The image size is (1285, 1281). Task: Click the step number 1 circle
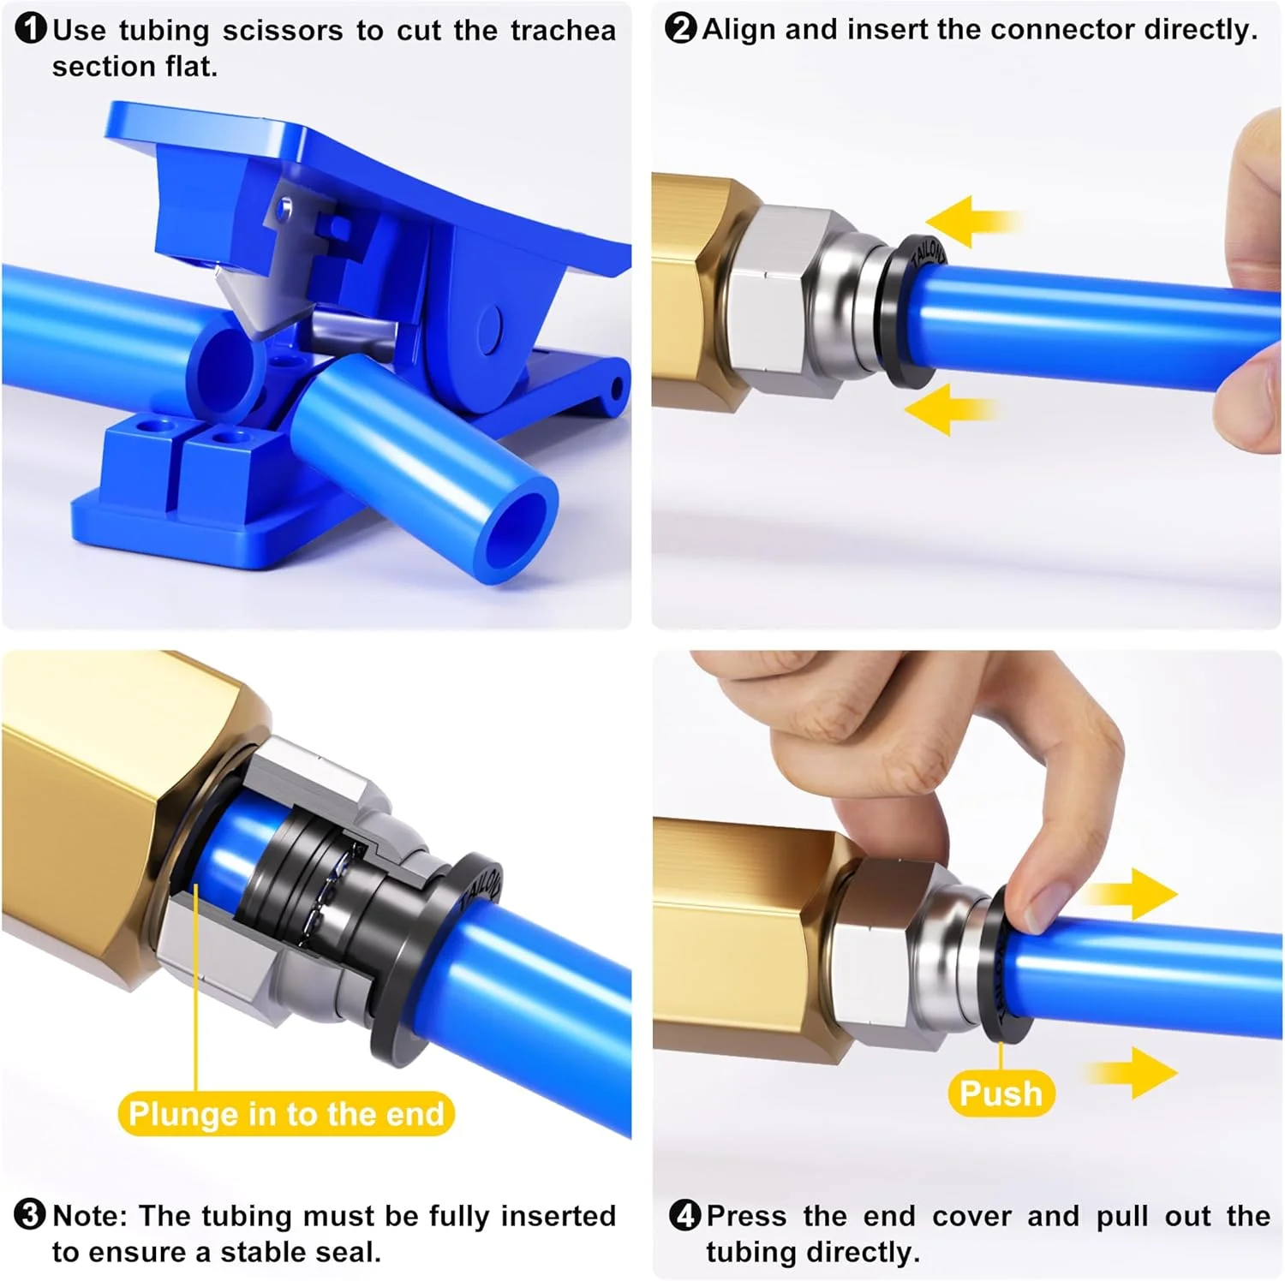31,29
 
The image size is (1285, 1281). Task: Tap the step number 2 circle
681,28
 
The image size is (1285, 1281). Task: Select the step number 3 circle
31,1214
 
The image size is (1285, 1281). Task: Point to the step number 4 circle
684,1214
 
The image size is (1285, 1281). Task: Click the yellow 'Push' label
1001,1093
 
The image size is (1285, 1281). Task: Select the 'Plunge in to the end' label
286,1114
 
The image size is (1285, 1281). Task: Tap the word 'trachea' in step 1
563,31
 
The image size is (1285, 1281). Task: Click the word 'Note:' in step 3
90,1215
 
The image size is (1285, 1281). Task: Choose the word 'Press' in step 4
746,1215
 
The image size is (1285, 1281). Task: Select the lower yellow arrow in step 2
951,408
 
